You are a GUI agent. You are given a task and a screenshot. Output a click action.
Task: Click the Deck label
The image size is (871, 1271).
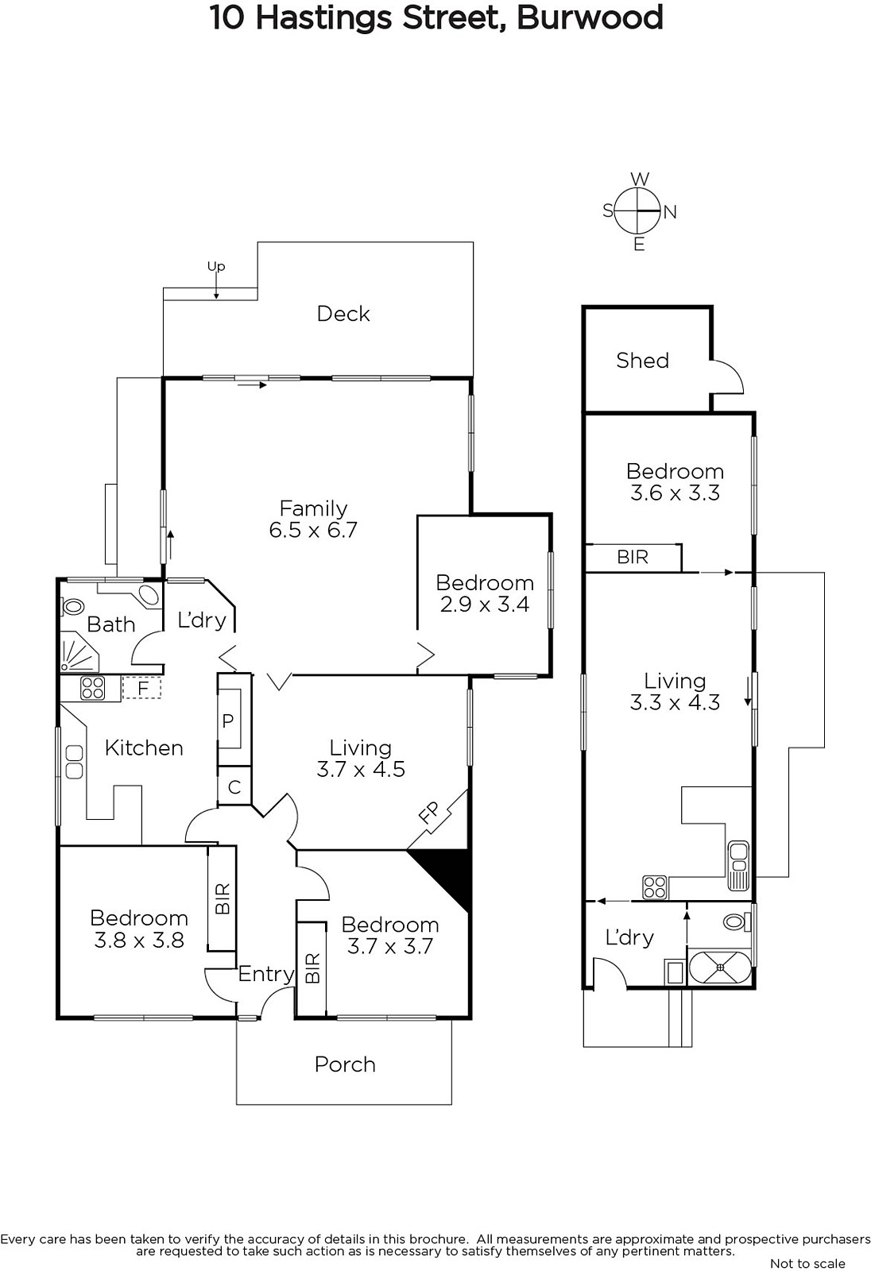point(343,314)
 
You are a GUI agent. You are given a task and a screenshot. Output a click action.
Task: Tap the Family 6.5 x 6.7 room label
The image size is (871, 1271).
point(313,520)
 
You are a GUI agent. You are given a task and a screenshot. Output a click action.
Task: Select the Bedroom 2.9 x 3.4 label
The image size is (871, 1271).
point(485,593)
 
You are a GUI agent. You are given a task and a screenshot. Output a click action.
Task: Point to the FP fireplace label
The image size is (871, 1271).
point(429,812)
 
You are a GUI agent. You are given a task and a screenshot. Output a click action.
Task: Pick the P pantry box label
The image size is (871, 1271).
point(228,721)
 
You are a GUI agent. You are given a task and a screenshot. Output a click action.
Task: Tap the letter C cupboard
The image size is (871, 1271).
point(234,787)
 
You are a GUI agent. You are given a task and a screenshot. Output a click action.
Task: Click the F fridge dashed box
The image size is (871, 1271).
point(143,687)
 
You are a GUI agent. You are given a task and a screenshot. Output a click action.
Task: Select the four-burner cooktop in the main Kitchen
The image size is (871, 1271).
point(93,688)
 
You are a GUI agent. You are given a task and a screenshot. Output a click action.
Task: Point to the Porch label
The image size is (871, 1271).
point(345,1064)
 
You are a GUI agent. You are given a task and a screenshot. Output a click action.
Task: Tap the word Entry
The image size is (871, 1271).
point(266,974)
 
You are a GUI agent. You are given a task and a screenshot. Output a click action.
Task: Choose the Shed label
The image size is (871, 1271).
point(642,361)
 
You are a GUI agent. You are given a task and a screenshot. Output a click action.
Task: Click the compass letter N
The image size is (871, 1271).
point(670,212)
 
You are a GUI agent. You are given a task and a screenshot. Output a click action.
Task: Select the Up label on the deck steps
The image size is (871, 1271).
point(216,267)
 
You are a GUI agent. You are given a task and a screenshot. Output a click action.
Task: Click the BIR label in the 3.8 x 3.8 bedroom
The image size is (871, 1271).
point(223,898)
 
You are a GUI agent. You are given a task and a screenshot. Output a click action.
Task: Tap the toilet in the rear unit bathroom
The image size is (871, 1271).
point(735,922)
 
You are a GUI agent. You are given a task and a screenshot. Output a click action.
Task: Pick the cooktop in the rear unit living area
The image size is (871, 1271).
point(655,887)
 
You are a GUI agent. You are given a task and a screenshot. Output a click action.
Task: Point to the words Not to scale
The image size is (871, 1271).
point(807,1263)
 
